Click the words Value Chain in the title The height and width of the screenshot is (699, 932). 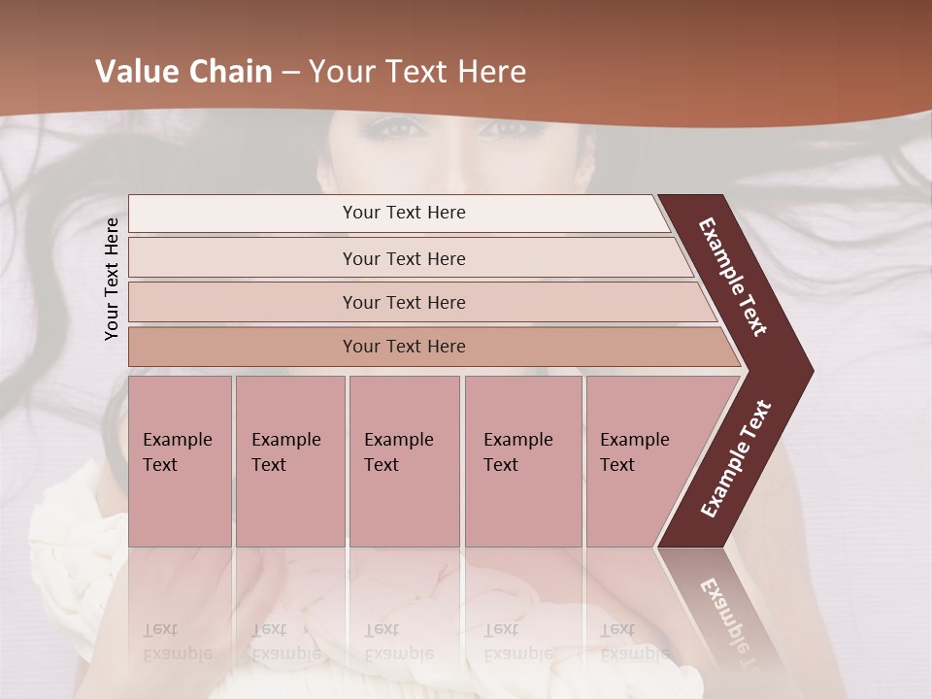coord(183,72)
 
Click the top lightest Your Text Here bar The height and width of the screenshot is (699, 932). coord(404,213)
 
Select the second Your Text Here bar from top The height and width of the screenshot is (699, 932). coord(404,258)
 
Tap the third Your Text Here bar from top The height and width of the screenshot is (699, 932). coord(404,302)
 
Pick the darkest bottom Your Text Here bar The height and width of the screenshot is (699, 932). coord(404,347)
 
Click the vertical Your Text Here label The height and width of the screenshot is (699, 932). coord(112,279)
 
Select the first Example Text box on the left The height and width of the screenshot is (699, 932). coord(180,460)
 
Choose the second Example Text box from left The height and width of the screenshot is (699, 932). coord(289,460)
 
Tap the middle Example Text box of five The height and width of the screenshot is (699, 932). coord(404,460)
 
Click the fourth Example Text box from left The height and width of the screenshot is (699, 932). coord(522,460)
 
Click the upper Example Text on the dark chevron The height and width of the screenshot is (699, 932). coord(734,277)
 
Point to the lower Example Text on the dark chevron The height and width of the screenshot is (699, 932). coord(736,459)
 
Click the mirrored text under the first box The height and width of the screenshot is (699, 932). coord(178,642)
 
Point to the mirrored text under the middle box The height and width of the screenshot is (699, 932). coord(399,642)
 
